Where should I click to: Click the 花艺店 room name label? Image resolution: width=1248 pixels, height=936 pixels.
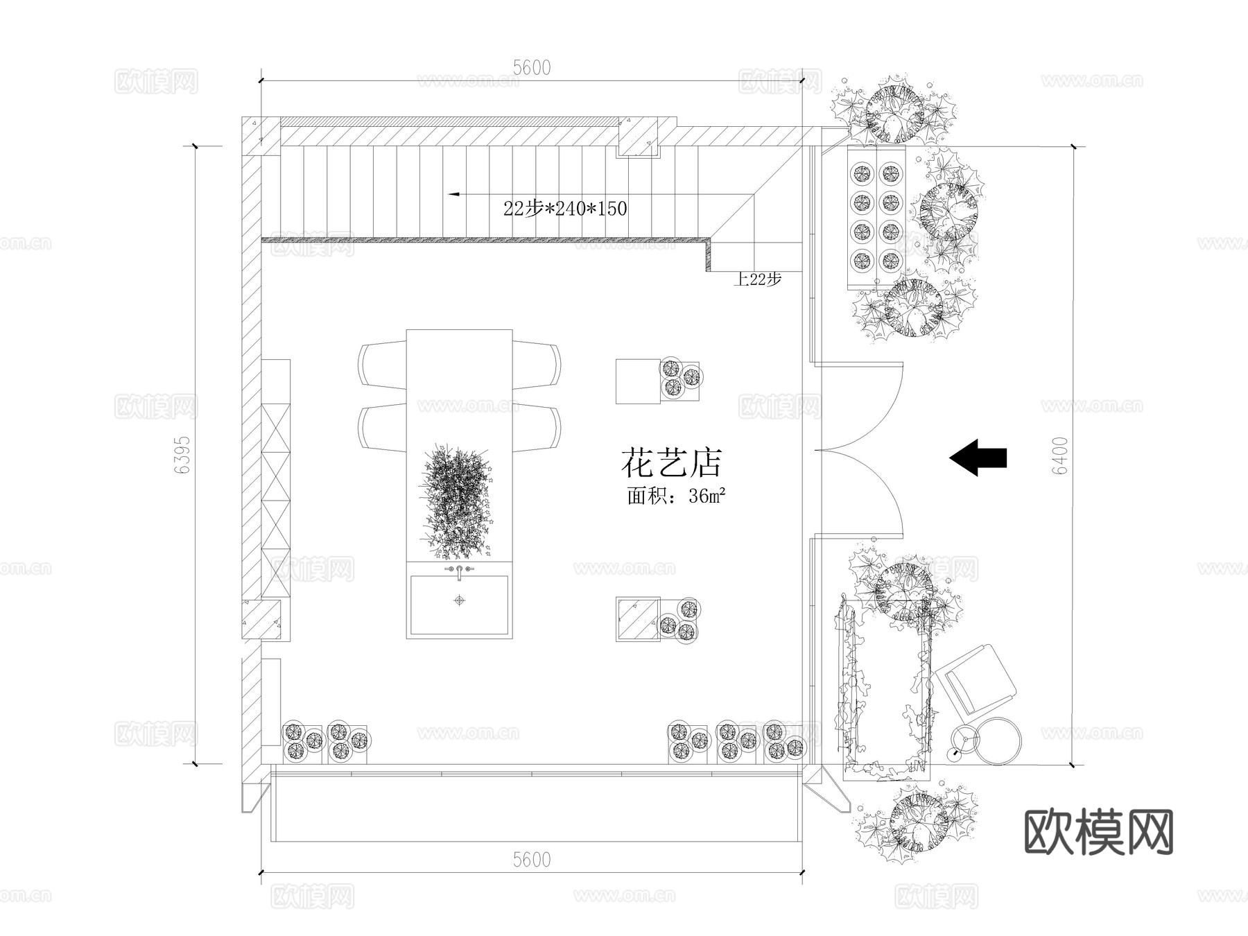tap(671, 463)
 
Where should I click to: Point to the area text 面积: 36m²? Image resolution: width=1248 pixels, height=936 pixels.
tap(676, 496)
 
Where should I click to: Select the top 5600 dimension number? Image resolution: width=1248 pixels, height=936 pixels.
tap(532, 67)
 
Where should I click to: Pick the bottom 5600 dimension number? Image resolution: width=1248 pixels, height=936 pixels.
tap(532, 860)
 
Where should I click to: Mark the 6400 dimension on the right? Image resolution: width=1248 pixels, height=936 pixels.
tap(1060, 456)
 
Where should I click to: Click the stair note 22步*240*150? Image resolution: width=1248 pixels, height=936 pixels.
tap(565, 208)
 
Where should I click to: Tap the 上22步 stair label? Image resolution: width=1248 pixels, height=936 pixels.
tap(758, 279)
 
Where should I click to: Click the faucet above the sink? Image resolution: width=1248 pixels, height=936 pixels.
tap(459, 571)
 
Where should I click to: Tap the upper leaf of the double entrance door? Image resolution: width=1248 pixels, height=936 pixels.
tap(860, 406)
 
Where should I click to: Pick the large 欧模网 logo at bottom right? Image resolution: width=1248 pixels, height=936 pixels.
tap(1098, 831)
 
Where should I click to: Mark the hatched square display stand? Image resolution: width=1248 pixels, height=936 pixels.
tap(637, 619)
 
